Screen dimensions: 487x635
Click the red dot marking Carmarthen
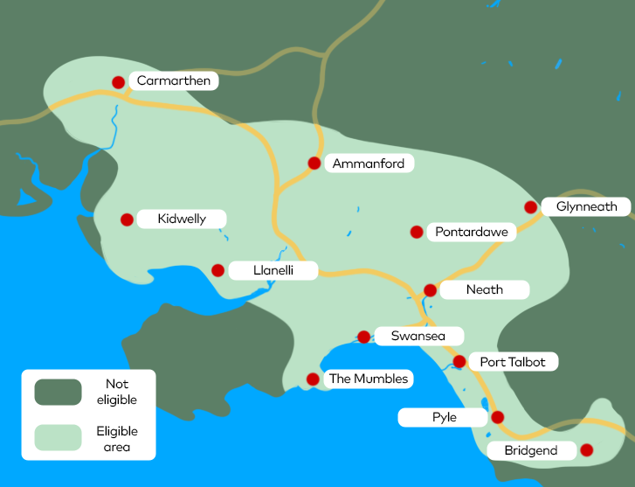119,82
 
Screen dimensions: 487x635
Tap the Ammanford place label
368,163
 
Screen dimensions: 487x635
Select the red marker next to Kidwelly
127,219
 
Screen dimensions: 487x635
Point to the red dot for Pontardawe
417,232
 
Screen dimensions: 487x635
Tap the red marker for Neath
430,290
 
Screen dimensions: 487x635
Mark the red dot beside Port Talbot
459,361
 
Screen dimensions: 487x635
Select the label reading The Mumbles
368,379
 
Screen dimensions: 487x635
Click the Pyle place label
444,418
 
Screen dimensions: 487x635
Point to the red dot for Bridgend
586,450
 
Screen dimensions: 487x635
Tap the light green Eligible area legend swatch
58,438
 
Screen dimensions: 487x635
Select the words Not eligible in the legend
116,392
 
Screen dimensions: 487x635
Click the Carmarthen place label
174,81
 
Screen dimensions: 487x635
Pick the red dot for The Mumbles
312,379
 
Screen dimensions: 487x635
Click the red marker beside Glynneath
530,207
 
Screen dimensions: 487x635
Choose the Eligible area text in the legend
117,439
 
